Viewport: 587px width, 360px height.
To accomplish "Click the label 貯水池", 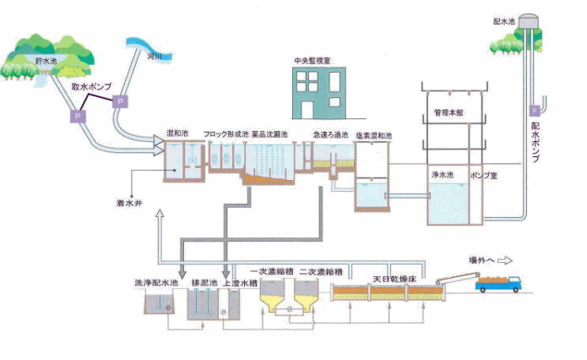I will point(46,63).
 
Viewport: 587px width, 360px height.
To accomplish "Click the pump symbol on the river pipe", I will point(120,101).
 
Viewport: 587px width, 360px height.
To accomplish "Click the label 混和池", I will point(177,134).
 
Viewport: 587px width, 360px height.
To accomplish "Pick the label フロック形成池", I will point(226,134).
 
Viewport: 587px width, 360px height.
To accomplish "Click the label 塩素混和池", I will point(376,135).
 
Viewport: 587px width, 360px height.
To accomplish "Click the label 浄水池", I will point(443,175).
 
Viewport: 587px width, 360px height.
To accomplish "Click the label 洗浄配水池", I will point(157,283).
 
